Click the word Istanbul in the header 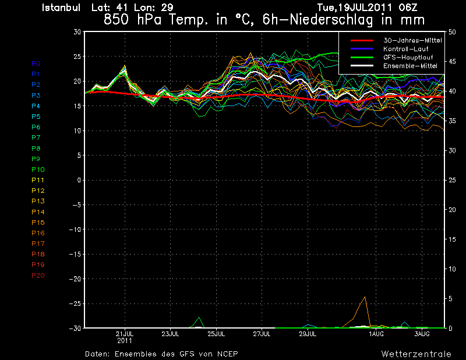63,8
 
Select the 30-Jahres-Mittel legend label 412,40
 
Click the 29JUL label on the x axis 308,333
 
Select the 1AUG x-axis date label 376,333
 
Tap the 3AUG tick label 422,333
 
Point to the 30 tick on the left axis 76,32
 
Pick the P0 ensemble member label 36,63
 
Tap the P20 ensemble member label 38,275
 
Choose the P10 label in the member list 38,170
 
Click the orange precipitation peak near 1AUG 365,297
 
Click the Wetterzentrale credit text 416,354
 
